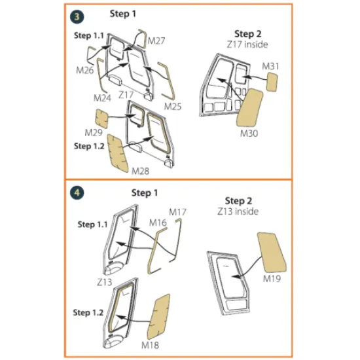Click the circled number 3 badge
(x=77, y=17)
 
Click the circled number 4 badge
(x=77, y=192)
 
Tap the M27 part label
(x=156, y=41)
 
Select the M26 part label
(x=85, y=70)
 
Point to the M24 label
(x=102, y=98)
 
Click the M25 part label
(x=173, y=106)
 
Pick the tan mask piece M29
(x=102, y=118)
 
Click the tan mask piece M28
(x=118, y=153)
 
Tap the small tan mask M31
(x=272, y=82)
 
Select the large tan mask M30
(x=249, y=108)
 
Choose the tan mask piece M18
(x=158, y=317)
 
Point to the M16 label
(x=158, y=223)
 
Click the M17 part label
(x=177, y=212)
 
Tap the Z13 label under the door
(x=105, y=282)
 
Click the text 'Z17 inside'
(x=247, y=45)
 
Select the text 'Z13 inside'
(x=238, y=211)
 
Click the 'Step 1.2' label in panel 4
(x=88, y=312)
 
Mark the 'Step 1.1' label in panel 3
(x=89, y=35)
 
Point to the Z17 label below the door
(x=126, y=95)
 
